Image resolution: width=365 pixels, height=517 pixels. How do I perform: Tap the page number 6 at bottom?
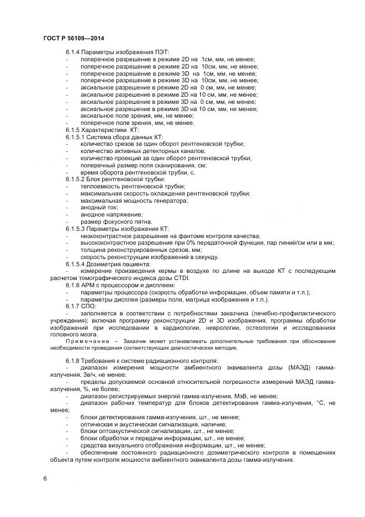tap(45, 478)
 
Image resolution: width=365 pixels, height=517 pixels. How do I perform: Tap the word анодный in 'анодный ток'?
tap(93, 207)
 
